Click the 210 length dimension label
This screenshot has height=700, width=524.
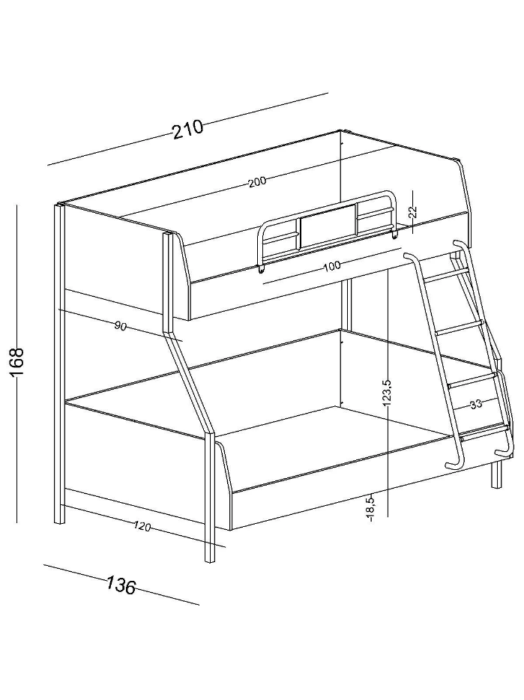[x=187, y=130]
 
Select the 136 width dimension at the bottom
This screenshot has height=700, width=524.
[x=121, y=586]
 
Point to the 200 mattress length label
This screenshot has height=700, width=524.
[x=257, y=181]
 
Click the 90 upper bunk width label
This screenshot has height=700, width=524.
[x=120, y=327]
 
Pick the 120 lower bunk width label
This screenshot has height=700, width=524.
[x=142, y=527]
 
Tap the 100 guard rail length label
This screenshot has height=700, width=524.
[x=332, y=266]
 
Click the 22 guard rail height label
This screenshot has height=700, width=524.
[x=412, y=211]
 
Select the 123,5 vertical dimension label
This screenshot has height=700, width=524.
[x=388, y=393]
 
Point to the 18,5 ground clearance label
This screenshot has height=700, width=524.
[x=371, y=509]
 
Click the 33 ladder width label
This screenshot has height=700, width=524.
[x=476, y=405]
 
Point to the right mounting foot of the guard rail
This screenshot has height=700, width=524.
[x=394, y=234]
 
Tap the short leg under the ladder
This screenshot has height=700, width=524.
[x=496, y=474]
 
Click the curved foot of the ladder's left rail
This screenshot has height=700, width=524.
[x=455, y=463]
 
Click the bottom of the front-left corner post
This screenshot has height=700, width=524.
[x=209, y=556]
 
